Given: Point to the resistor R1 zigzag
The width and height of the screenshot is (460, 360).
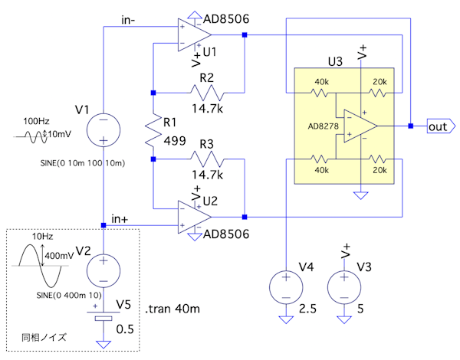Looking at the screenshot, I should click(x=153, y=126).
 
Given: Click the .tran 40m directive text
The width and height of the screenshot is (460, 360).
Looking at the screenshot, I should click(x=172, y=309).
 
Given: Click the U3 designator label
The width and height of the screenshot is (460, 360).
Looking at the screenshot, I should click(x=335, y=61).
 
